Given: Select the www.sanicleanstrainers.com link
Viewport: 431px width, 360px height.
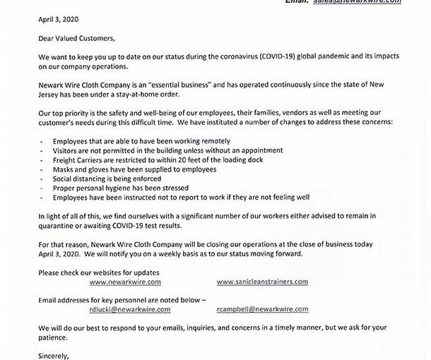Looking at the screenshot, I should tap(263, 282).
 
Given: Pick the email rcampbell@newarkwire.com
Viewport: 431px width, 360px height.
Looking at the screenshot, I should tap(263, 308).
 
